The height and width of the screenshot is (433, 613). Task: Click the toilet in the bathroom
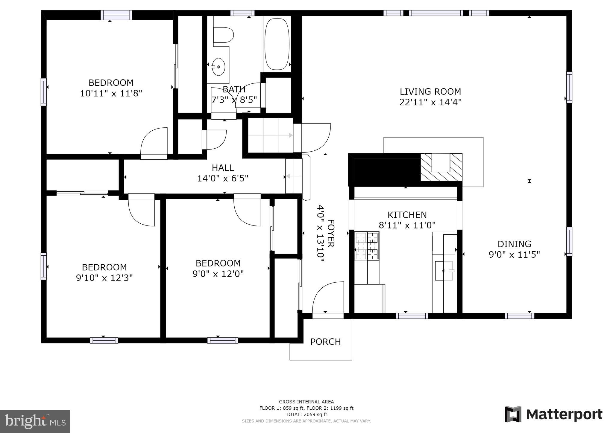(x=223, y=35)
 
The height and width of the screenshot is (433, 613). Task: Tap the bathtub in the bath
(x=277, y=44)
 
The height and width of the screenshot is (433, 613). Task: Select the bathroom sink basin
(x=218, y=67)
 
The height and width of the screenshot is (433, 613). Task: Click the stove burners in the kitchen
(x=367, y=246)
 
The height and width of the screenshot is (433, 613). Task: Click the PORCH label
(x=325, y=342)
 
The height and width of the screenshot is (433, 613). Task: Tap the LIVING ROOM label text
(x=430, y=92)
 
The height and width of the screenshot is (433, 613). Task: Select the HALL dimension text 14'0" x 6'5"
(x=223, y=179)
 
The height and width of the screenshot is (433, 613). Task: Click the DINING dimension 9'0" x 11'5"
(x=514, y=255)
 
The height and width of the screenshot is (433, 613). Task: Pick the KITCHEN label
(x=407, y=215)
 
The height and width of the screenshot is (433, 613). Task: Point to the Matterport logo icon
(x=513, y=414)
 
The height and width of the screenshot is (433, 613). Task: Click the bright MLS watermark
(x=35, y=421)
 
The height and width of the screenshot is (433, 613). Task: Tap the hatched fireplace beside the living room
(x=441, y=167)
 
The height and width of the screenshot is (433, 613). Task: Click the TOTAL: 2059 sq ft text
(x=306, y=414)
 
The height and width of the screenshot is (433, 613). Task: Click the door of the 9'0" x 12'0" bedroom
(x=247, y=210)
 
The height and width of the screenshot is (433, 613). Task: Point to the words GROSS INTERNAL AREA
(x=306, y=402)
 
